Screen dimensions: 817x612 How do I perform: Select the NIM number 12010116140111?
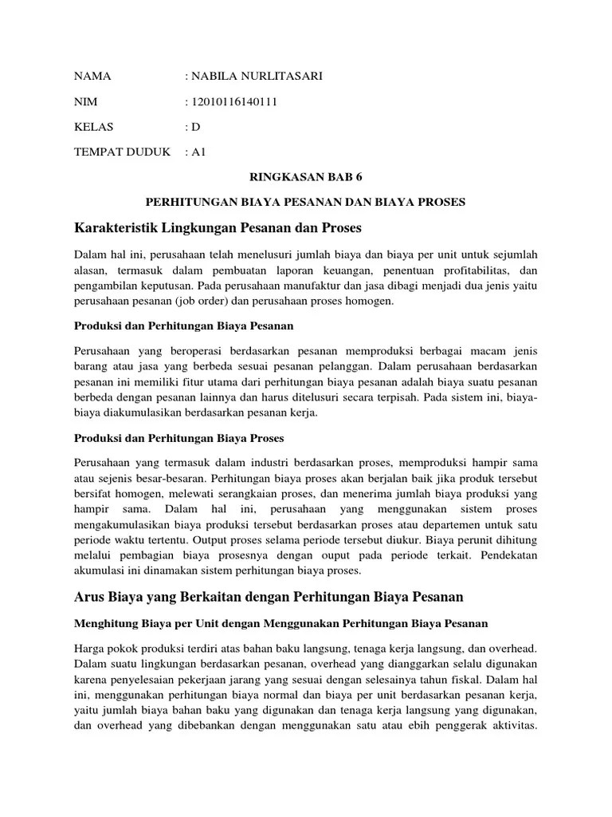click(233, 102)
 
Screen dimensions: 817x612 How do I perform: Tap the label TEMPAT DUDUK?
click(122, 152)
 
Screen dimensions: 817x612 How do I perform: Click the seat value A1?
click(198, 152)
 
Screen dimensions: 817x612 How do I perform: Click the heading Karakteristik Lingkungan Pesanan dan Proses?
click(218, 228)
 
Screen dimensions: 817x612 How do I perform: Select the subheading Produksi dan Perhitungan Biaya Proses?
click(178, 438)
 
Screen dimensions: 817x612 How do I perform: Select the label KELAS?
click(94, 127)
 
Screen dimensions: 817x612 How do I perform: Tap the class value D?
click(195, 127)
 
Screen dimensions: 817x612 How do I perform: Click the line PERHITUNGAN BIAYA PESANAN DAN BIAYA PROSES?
click(306, 202)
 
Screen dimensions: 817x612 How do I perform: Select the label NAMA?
click(92, 77)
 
